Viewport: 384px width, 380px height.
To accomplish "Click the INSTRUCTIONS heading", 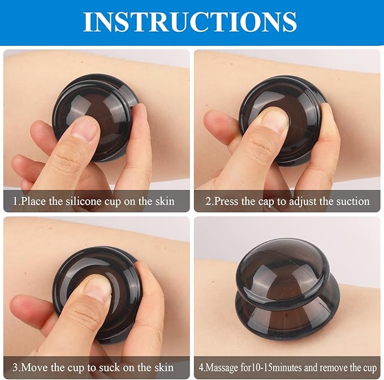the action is tap(190, 21).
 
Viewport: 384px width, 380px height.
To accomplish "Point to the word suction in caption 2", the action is tap(353, 201).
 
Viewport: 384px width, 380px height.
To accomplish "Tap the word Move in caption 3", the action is tap(34, 368).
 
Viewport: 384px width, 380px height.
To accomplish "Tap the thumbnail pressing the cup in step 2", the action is tap(275, 120).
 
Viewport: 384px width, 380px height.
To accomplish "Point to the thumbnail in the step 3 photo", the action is tap(97, 289).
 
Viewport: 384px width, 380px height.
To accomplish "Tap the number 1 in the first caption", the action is tap(16, 201).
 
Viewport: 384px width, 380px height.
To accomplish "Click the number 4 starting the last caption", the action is tap(201, 368).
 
